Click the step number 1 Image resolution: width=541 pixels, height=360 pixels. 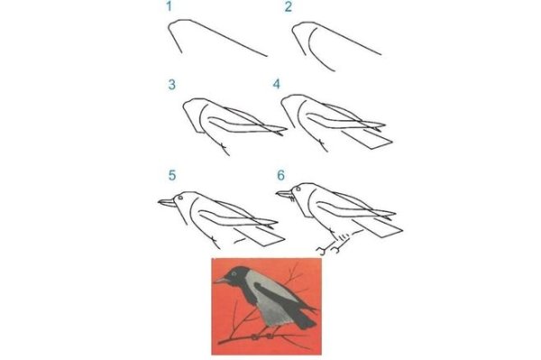tap(169, 6)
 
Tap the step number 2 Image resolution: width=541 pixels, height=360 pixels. tap(289, 7)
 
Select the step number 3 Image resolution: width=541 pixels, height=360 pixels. tap(171, 85)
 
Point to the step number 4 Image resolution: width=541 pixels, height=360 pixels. tap(277, 84)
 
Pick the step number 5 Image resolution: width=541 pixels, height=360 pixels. tap(172, 175)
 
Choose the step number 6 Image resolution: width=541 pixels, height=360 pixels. tap(280, 175)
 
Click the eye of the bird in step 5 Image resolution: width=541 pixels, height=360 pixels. tap(180, 198)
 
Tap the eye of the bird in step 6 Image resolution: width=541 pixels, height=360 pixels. tap(298, 189)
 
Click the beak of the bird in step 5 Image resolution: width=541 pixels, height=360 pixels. tap(167, 203)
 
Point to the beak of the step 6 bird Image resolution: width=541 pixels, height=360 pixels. tap(285, 194)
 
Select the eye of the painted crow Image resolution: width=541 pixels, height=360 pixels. tap(234, 273)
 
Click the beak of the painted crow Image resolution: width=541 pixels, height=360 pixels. tap(221, 280)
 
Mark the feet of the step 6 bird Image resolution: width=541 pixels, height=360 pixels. tap(329, 249)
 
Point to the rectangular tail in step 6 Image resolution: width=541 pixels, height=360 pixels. tap(378, 226)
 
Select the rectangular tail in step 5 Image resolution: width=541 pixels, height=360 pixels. tap(261, 236)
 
